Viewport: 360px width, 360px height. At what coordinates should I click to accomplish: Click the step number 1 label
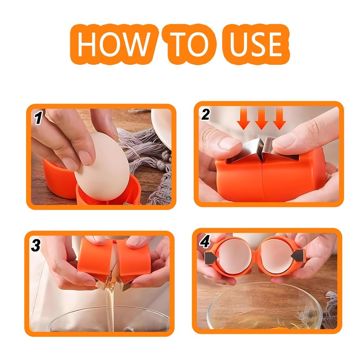point(39,118)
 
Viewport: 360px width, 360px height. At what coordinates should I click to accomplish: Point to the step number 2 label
point(205,115)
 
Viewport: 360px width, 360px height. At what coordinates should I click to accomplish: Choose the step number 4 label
point(205,243)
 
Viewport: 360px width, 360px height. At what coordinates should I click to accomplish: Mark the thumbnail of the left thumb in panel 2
point(229,144)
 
